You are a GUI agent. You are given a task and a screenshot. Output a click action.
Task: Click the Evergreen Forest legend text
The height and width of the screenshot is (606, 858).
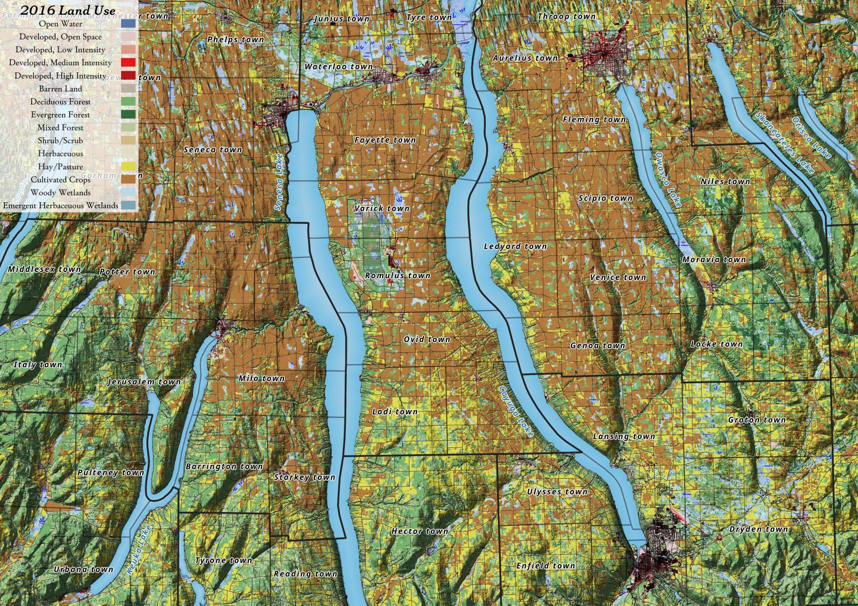click(60, 115)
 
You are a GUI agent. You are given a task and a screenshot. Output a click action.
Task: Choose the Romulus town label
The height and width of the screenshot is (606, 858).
click(397, 276)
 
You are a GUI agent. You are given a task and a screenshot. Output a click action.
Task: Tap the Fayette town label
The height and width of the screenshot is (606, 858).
click(385, 140)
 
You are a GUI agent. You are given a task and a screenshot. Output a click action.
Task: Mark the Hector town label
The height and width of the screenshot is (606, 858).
click(419, 531)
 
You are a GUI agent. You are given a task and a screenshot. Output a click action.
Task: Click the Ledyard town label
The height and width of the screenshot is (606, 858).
click(515, 246)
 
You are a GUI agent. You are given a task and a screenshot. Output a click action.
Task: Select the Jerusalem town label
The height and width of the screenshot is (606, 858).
click(144, 382)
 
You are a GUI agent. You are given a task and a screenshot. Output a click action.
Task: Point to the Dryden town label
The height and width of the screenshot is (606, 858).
click(758, 529)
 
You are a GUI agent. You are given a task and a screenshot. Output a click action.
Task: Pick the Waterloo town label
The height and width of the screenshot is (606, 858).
click(338, 67)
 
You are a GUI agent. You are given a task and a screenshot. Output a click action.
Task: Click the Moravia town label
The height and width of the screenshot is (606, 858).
click(714, 259)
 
